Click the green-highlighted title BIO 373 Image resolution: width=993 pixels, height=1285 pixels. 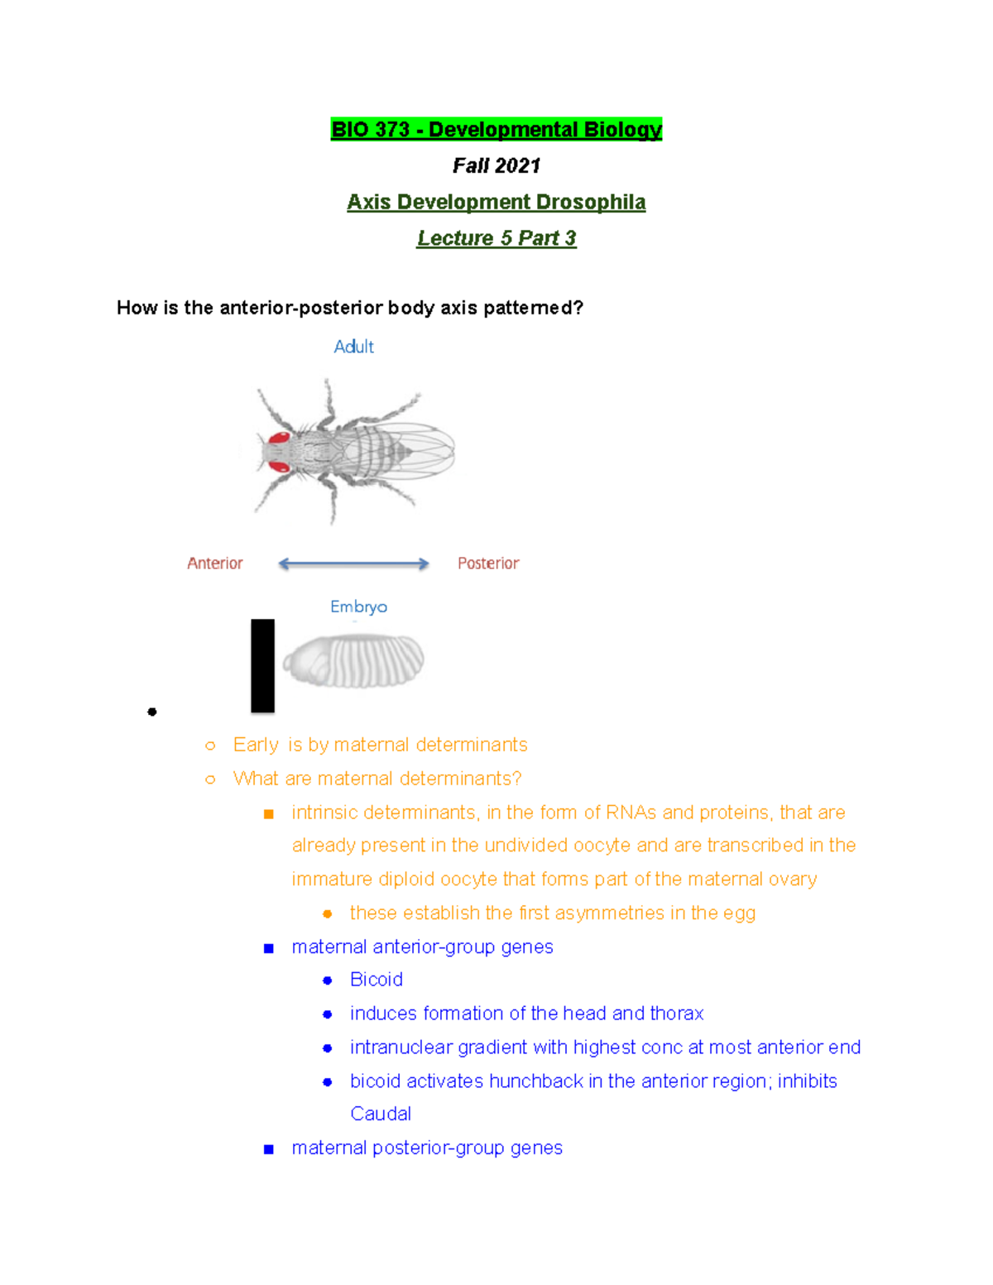coord(496,130)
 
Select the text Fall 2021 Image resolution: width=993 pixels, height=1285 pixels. coord(496,166)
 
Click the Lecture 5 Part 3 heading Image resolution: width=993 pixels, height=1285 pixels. coord(496,238)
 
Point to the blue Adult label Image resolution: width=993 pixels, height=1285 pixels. coord(353,347)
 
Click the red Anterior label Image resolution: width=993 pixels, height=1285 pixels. coord(215,563)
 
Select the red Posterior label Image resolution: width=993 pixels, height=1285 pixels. coord(488,563)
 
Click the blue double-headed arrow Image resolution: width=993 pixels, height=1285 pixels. coord(353,564)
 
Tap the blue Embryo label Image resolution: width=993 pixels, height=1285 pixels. coord(358,607)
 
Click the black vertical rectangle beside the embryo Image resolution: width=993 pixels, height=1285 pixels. coord(262,665)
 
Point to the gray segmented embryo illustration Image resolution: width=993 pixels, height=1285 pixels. coord(353,660)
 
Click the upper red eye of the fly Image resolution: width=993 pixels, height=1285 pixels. coord(279,438)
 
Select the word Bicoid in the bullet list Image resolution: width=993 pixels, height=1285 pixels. coord(377,980)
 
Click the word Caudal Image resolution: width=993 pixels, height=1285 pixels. coord(381,1114)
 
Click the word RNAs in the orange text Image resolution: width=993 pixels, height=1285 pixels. coord(631,813)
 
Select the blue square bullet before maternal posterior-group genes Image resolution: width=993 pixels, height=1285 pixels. coord(268,1149)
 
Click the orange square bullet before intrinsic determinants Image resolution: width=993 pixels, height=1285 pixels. coord(268,814)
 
